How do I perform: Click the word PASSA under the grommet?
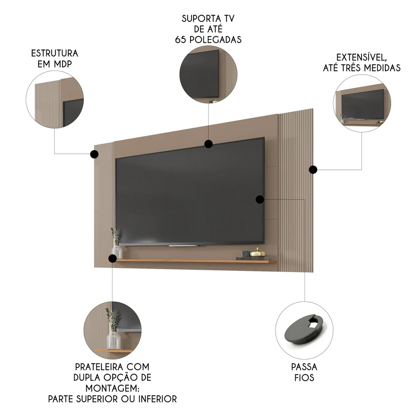click(x=304, y=367)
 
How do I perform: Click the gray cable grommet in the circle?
click(x=304, y=330)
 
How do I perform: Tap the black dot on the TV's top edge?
click(x=208, y=144)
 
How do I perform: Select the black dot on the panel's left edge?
click(x=94, y=154)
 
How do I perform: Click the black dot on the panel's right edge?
click(x=313, y=169)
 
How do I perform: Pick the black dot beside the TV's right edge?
click(x=260, y=199)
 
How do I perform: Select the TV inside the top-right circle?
click(x=362, y=103)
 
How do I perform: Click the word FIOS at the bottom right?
click(x=304, y=378)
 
